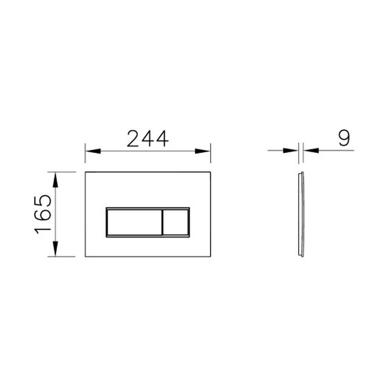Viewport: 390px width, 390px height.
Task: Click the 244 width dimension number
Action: coord(148,139)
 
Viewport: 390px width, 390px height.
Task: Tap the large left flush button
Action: coord(134,222)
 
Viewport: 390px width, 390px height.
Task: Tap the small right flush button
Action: coord(175,222)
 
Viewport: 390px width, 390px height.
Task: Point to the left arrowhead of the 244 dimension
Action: coord(93,151)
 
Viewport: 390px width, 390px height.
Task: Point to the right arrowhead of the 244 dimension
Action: coord(203,151)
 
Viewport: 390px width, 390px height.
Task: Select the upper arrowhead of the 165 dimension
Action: coord(55,180)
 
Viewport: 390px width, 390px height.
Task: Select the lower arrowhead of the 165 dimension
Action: coord(55,248)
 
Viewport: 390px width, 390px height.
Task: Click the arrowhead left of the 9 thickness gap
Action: coord(290,151)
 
